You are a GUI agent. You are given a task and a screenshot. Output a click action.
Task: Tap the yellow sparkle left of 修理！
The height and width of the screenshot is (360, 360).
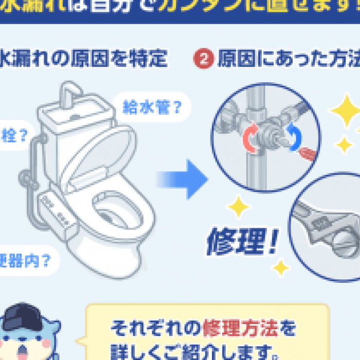coord(238,206)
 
